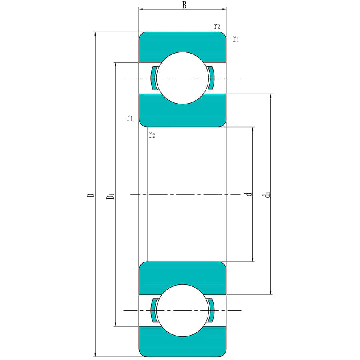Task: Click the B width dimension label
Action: tap(184, 5)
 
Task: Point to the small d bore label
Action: tap(249, 194)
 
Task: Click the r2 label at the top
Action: tap(217, 26)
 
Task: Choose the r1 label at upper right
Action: tap(236, 39)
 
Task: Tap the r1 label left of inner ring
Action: tap(130, 118)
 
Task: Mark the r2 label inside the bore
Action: tap(152, 135)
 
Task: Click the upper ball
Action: tap(183, 78)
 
